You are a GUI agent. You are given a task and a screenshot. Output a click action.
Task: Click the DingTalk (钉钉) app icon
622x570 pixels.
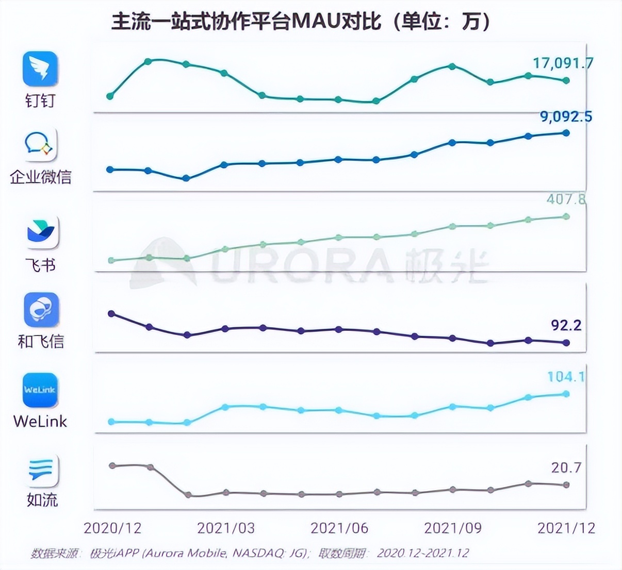pos(40,69)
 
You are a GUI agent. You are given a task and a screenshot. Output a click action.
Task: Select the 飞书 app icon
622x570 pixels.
pos(42,232)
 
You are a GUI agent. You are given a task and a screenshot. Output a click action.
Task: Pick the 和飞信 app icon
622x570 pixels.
pos(41,310)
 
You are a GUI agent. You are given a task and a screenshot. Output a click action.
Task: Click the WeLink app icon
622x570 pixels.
pos(40,390)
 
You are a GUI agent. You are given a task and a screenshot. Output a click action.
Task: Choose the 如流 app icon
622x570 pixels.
pos(42,470)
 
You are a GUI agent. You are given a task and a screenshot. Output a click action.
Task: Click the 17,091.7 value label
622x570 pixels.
pos(555,63)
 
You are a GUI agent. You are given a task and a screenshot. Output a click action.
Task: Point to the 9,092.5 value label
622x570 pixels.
pos(566,116)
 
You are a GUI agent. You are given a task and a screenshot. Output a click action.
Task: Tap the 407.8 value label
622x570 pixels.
pos(566,199)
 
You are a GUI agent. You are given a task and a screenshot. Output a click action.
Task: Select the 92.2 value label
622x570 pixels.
pos(566,325)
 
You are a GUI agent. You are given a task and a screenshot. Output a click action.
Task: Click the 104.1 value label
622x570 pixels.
pos(566,377)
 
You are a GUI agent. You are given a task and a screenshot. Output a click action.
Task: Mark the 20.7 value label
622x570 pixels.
pos(566,467)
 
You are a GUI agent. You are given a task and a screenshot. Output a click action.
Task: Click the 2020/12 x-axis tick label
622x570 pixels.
pos(112,528)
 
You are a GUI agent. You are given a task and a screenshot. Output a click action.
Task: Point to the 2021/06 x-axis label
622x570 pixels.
pos(339,528)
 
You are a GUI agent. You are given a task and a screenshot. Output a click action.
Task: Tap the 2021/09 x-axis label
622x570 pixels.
pos(453,528)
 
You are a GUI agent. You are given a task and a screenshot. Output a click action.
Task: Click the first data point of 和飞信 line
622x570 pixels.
pos(111,313)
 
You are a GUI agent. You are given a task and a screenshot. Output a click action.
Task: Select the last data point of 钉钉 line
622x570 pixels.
pos(566,80)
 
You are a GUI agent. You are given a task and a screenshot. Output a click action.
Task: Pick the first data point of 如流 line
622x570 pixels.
pos(112,465)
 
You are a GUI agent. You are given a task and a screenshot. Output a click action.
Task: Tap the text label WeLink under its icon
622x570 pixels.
pos(40,421)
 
